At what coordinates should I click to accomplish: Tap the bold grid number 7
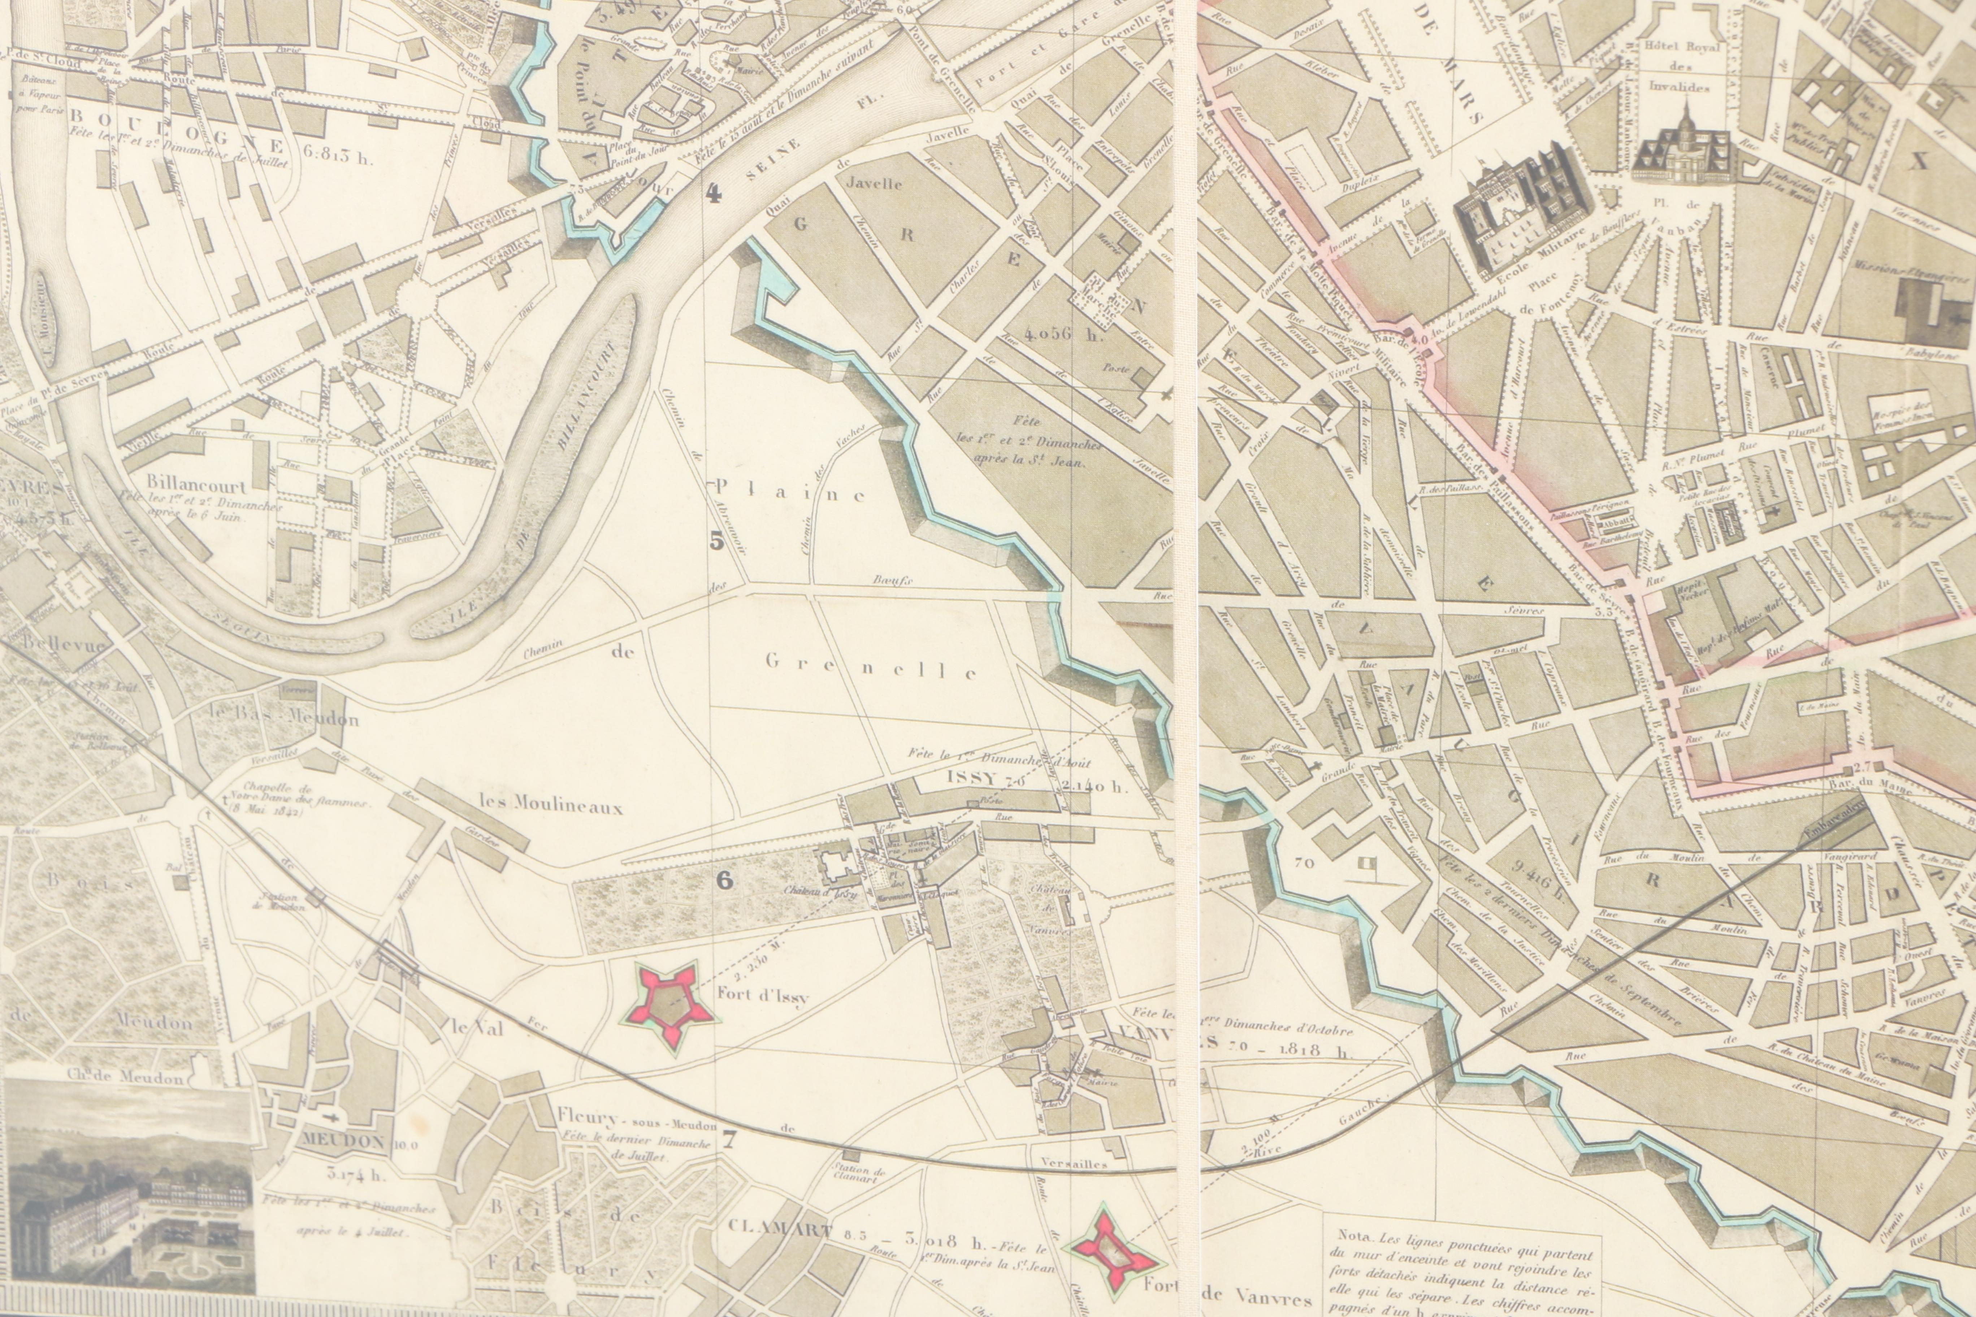[728, 1140]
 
